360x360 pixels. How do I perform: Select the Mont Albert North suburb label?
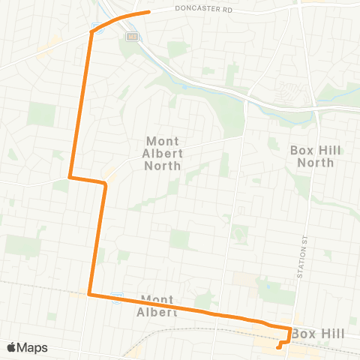click(x=163, y=153)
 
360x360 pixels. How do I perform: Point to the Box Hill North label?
click(x=315, y=156)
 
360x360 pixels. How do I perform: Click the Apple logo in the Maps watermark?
click(x=12, y=347)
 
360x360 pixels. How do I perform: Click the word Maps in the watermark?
click(x=33, y=347)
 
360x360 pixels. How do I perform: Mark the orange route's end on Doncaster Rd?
click(x=149, y=12)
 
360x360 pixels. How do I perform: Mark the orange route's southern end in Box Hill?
click(x=278, y=346)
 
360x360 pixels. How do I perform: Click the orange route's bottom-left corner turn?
click(x=89, y=295)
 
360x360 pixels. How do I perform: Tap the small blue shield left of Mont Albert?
click(x=116, y=295)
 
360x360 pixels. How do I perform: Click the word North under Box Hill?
click(x=315, y=162)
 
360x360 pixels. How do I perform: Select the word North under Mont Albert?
click(x=163, y=166)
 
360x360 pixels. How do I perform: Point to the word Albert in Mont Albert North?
click(x=163, y=153)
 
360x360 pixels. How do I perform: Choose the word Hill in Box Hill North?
click(x=328, y=150)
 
